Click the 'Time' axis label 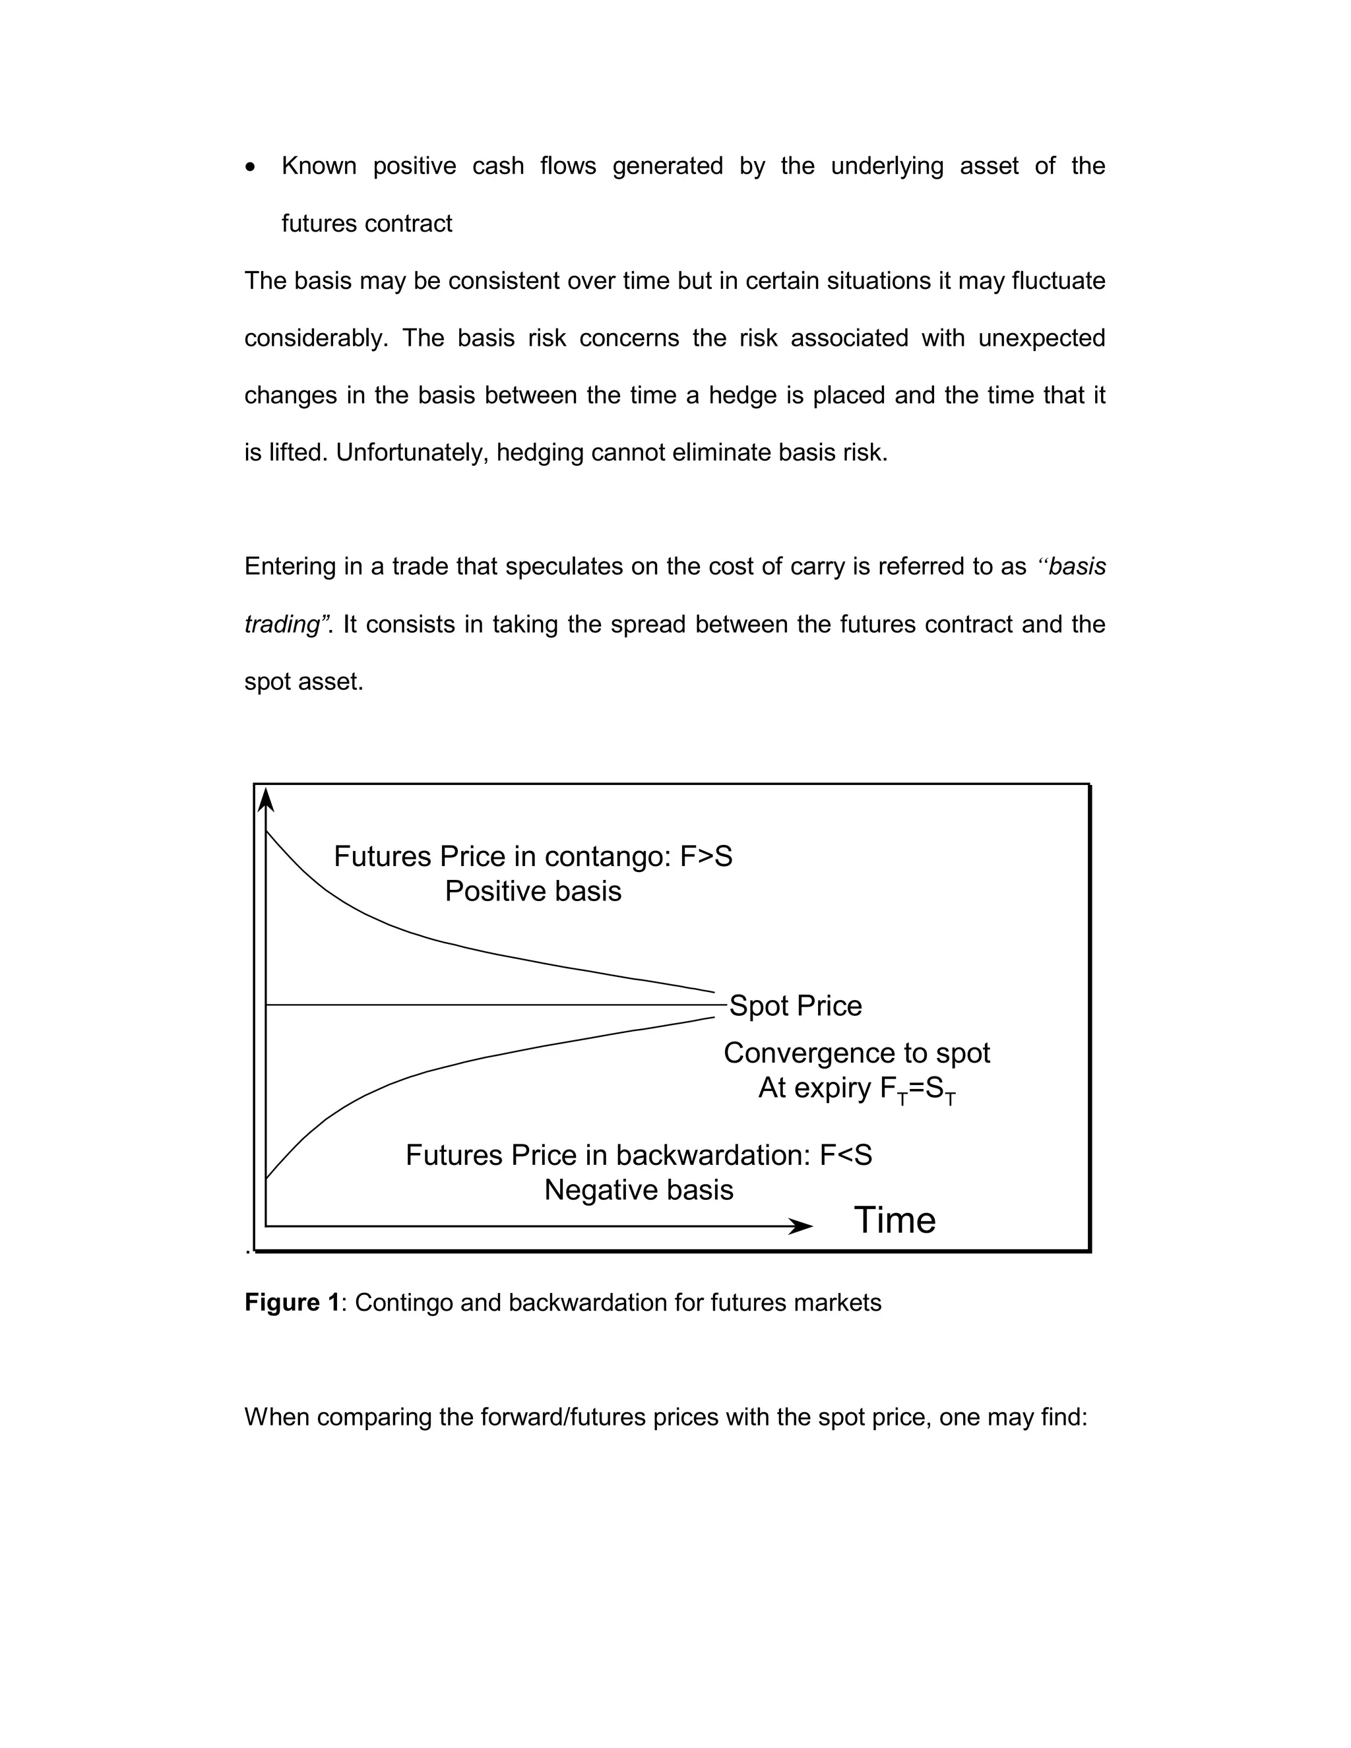coord(894,1220)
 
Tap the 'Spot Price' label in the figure coord(795,1006)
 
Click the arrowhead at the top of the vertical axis coord(267,799)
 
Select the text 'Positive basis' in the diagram coord(533,892)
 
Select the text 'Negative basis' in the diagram coord(639,1190)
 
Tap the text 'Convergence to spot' coord(856,1053)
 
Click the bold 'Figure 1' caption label coord(292,1303)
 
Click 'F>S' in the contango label coord(706,858)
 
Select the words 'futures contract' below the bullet coord(367,224)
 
